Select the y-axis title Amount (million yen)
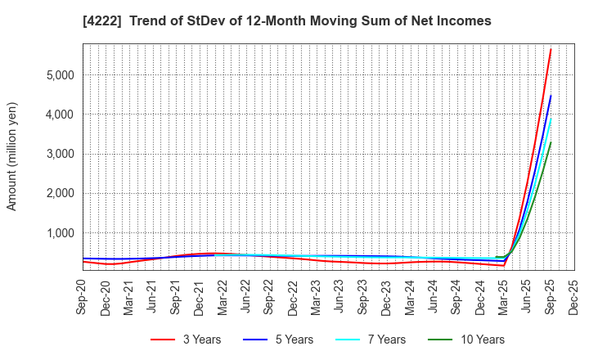pyautogui.click(x=12, y=156)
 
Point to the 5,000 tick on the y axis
pyautogui.click(x=58, y=74)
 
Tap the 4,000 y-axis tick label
pyautogui.click(x=58, y=115)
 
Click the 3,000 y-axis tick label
pyautogui.click(x=58, y=154)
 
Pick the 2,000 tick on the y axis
pyautogui.click(x=58, y=194)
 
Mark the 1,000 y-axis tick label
pyautogui.click(x=58, y=233)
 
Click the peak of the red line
pyautogui.click(x=551, y=49)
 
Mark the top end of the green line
pyautogui.click(x=551, y=142)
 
